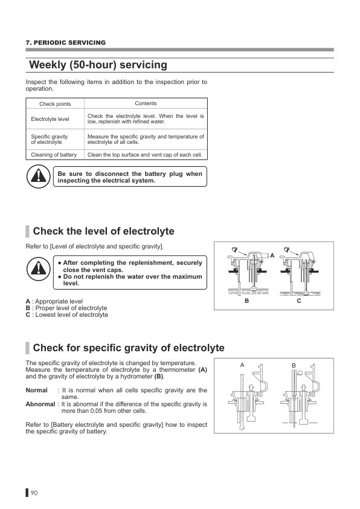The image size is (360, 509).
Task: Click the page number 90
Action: [34, 493]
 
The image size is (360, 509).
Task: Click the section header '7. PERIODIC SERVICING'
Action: [65, 42]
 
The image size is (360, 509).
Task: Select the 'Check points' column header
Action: [55, 104]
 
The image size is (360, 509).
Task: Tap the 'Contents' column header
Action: [146, 103]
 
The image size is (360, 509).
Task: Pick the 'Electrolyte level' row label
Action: [50, 119]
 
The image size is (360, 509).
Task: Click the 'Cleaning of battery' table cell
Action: [54, 155]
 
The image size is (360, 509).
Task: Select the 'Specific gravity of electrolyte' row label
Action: [50, 139]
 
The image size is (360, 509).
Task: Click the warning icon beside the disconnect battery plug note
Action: [38, 177]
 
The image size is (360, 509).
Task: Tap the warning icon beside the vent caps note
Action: [38, 269]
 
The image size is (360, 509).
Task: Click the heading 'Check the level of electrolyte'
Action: [103, 231]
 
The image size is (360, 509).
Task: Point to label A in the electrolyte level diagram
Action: [272, 256]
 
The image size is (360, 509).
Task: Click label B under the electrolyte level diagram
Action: [247, 301]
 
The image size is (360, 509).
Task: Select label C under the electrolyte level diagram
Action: [299, 301]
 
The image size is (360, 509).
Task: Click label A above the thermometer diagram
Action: [242, 365]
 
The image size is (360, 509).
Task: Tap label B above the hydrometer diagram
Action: [294, 366]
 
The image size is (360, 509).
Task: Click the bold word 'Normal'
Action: [37, 390]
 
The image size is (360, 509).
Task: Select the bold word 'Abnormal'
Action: [40, 404]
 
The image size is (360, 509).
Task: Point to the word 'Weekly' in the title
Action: [47, 65]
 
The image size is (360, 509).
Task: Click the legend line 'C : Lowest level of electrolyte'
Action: [67, 314]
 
